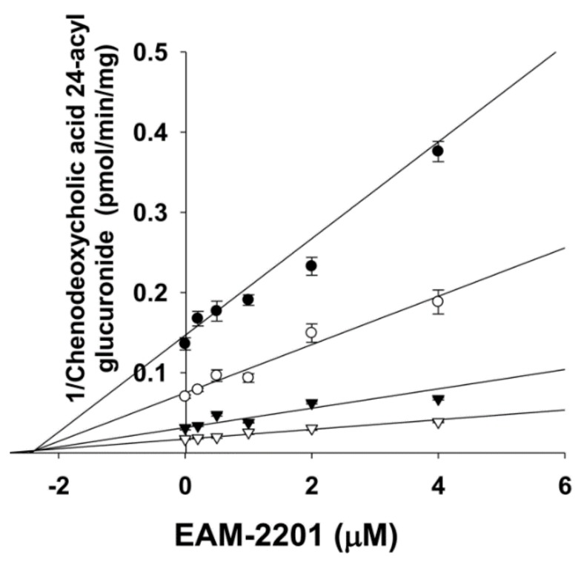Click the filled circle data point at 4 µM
click(438, 151)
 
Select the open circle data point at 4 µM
click(438, 301)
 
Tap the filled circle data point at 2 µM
click(311, 265)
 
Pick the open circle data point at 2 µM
click(311, 333)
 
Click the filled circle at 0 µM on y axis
click(185, 343)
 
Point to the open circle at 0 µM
click(185, 396)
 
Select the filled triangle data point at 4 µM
click(438, 400)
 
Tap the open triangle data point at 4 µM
click(438, 423)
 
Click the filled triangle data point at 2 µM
click(311, 404)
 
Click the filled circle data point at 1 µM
click(248, 300)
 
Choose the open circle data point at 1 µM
click(248, 377)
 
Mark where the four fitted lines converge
click(31, 451)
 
